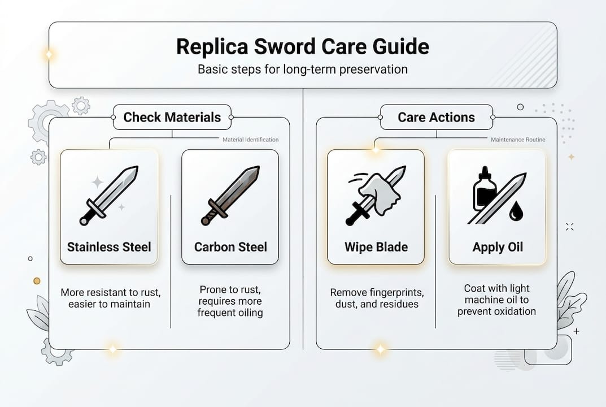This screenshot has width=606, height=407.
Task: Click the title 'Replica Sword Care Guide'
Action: point(303,46)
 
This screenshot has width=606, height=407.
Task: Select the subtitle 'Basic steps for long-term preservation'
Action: point(303,70)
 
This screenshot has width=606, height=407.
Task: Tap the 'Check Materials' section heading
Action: point(172,117)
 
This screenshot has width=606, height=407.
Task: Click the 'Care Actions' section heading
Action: point(436,117)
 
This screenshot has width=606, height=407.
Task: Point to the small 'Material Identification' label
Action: point(250,140)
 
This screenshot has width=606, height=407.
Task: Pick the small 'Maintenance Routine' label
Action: point(518,140)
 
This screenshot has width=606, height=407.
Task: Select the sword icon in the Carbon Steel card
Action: point(230,195)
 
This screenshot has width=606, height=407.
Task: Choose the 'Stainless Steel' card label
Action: point(109,247)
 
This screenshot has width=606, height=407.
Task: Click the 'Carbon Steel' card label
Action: point(230,247)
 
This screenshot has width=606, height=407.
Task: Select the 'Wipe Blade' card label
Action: point(376,247)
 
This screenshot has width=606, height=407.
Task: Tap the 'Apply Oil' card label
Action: point(497,247)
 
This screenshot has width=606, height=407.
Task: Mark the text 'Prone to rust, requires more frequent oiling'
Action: point(230,301)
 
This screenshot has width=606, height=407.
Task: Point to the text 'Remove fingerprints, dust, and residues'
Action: point(376,298)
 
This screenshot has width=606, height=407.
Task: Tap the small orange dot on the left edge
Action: point(37,280)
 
